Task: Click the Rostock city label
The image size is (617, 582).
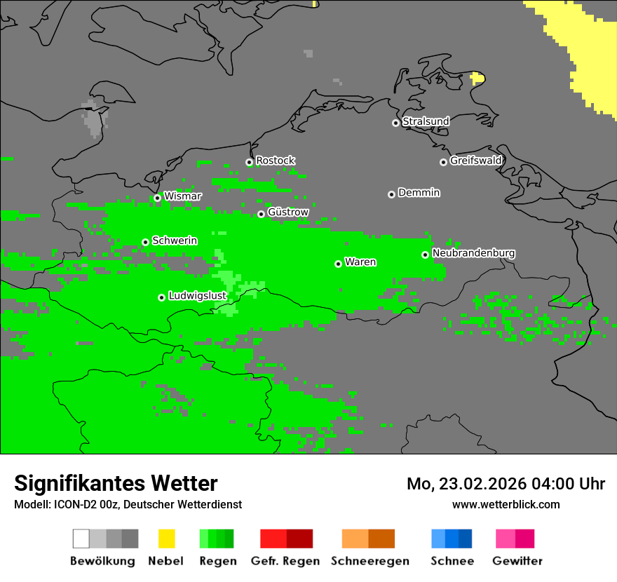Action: click(275, 161)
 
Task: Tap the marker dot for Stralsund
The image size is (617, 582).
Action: click(395, 123)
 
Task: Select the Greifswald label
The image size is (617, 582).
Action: click(475, 161)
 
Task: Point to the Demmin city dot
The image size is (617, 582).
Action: click(391, 194)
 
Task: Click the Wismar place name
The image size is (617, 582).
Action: click(182, 196)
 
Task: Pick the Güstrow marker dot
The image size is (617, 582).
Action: click(261, 214)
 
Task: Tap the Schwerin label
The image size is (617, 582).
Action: click(175, 241)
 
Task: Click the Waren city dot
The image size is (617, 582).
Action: click(338, 264)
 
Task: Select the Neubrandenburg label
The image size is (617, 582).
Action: click(473, 253)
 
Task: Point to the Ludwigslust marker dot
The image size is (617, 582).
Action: click(161, 297)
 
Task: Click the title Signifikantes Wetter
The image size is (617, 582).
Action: click(116, 483)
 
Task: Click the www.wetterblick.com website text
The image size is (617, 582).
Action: click(506, 504)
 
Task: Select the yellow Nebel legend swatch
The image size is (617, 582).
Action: click(167, 539)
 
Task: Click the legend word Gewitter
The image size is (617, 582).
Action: click(517, 561)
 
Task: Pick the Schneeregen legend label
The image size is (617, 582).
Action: click(370, 561)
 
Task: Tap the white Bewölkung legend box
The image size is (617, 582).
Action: click(81, 539)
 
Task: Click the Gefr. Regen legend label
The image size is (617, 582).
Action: click(285, 561)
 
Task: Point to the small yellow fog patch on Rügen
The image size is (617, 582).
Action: click(477, 78)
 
